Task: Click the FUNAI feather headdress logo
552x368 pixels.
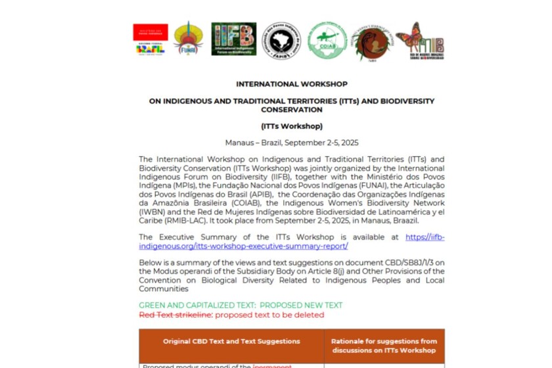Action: coord(188,38)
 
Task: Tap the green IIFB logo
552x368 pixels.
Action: coord(234,39)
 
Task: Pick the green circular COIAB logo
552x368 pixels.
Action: coord(327,40)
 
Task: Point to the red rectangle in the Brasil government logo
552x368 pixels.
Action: coord(150,32)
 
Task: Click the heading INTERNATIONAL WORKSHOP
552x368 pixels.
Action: coord(292,84)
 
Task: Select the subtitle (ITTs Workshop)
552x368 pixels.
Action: coord(292,126)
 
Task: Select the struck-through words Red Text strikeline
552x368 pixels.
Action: coord(175,315)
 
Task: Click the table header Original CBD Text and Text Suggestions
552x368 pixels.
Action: coord(231,341)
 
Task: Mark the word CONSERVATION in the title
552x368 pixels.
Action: coord(292,110)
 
